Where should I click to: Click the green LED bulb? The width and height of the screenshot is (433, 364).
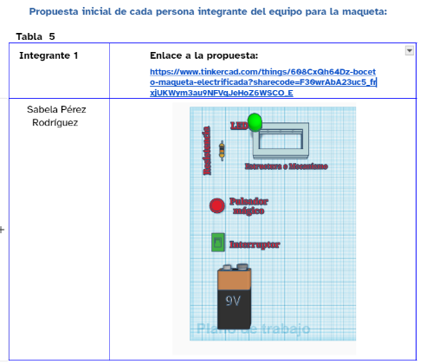[x=255, y=122]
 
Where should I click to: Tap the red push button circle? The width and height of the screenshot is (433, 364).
[x=216, y=205]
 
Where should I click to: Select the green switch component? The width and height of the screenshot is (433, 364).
[x=217, y=243]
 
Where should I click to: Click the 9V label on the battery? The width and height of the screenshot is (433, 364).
[x=233, y=301]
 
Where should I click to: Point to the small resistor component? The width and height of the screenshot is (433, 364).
[x=223, y=153]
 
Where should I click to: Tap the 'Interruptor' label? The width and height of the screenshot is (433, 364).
[x=254, y=245]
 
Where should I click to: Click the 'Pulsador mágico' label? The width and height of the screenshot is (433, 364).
[x=248, y=205]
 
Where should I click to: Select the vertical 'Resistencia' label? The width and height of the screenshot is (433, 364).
[x=207, y=151]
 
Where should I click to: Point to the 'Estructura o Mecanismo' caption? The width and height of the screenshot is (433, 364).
[x=285, y=166]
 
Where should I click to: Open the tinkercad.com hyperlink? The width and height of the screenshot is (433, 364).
[x=262, y=82]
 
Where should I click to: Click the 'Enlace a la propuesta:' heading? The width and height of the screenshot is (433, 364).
[x=204, y=55]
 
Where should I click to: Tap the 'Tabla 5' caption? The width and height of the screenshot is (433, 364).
[x=35, y=37]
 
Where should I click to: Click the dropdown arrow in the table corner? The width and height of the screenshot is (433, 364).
[x=410, y=51]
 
